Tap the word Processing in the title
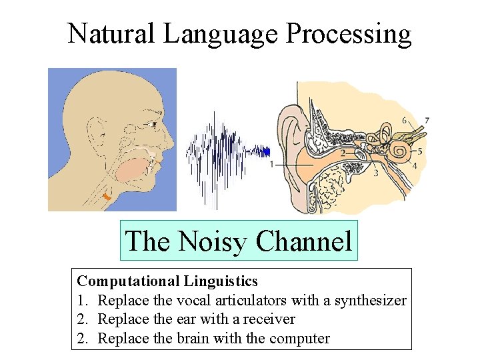pos(349,33)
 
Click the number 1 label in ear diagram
pos(271,164)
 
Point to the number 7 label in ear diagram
pos(427,121)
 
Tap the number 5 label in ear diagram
pos(420,151)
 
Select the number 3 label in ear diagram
pos(376,173)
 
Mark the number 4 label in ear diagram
pos(414,166)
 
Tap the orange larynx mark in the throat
pos(107,197)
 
